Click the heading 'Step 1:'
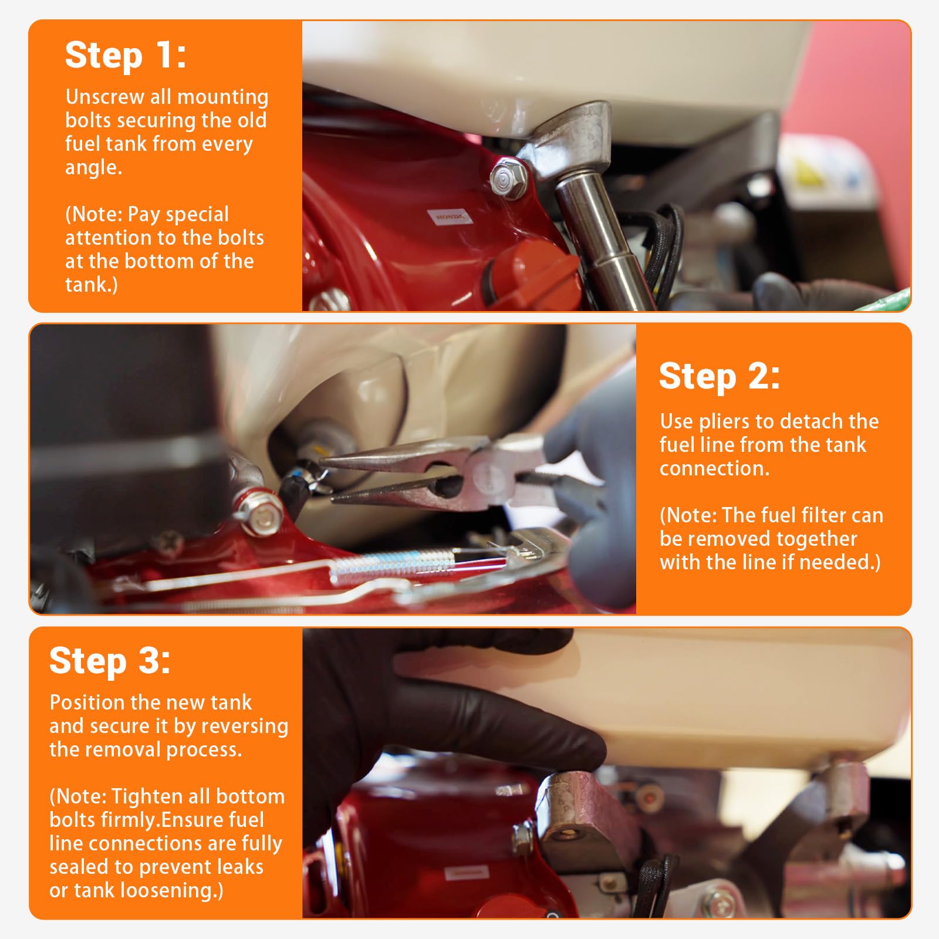tap(126, 56)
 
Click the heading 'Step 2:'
tap(720, 376)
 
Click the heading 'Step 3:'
tap(110, 661)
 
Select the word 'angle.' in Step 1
tap(94, 168)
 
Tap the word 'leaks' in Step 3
tap(237, 867)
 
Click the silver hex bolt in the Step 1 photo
tap(502, 180)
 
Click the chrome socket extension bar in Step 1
tap(599, 241)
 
